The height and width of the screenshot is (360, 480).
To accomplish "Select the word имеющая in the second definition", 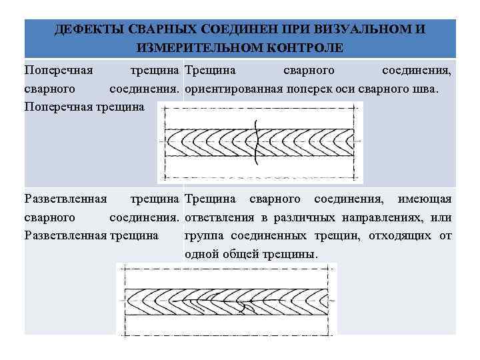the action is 425,199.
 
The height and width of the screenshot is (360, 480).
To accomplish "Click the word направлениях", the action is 380,217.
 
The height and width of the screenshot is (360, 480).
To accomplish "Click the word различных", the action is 300,217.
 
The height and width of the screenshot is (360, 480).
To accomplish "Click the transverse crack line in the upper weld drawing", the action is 256,141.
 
